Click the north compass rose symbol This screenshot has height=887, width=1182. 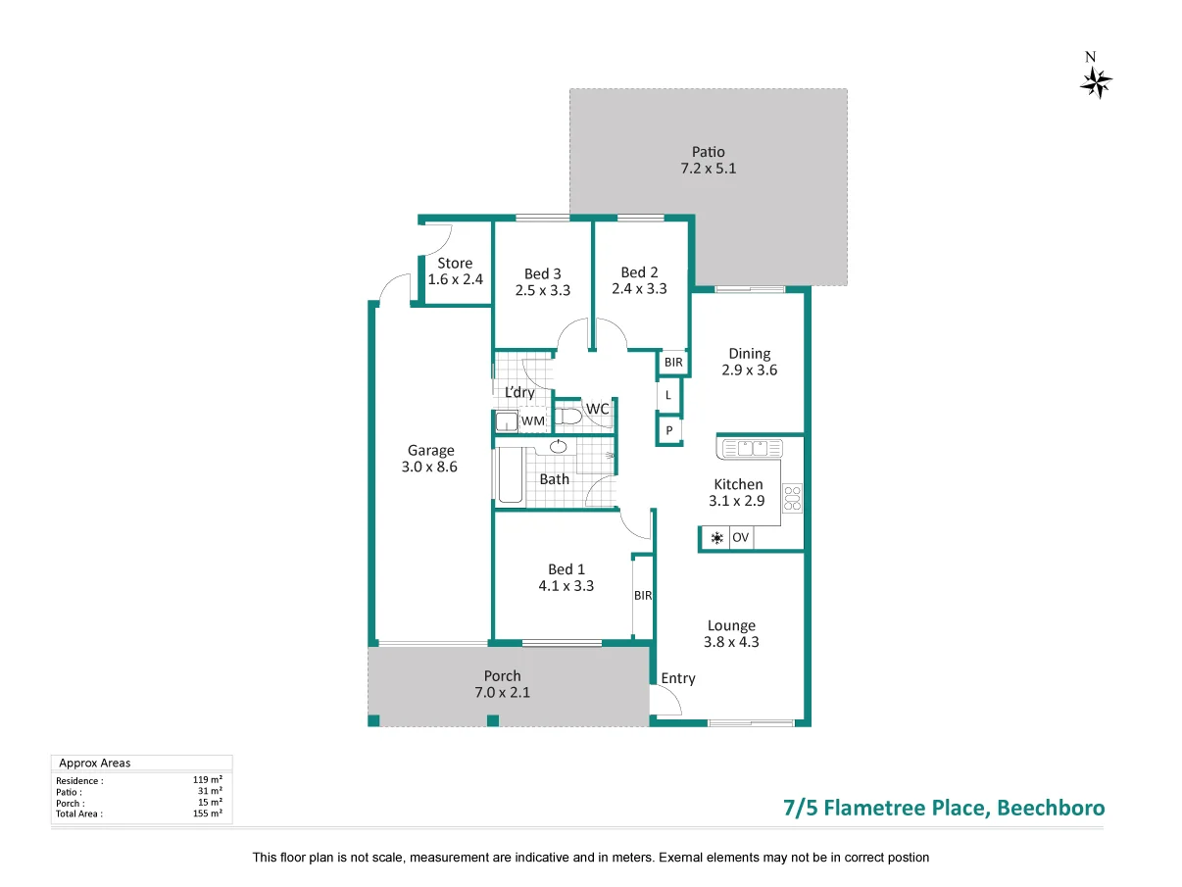1096,82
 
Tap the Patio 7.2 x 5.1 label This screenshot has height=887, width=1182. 708,160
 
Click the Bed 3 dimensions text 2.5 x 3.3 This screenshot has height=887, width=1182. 542,290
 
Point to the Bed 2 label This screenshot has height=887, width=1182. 639,272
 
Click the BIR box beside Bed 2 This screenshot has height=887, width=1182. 672,363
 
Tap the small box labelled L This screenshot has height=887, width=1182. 668,395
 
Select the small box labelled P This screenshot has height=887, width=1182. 668,430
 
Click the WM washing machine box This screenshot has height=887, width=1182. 532,421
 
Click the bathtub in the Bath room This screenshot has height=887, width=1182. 509,476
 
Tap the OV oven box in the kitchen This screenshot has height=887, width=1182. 741,538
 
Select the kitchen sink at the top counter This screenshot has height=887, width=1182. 752,448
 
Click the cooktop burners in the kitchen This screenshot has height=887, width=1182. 792,498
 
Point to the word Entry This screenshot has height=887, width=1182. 677,678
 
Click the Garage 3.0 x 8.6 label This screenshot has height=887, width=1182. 430,459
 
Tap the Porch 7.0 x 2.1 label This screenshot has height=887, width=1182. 502,683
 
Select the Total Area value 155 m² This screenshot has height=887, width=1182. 208,813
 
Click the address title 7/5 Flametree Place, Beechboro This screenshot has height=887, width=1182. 944,809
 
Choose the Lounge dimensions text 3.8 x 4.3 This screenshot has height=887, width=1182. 731,643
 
